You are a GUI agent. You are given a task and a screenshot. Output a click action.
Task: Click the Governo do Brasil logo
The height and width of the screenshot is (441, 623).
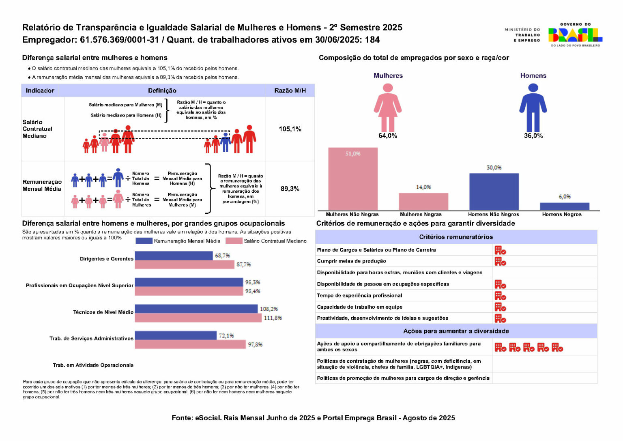pos(575,35)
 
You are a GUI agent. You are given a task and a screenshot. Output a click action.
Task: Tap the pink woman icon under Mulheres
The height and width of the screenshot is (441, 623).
pos(388,107)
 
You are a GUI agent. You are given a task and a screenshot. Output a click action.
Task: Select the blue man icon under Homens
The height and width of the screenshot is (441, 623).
pos(533,107)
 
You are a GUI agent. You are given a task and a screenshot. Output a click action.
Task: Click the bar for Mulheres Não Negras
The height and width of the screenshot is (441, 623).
pos(353,179)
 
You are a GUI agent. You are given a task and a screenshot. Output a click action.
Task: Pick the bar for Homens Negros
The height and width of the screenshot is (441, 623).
pos(564,206)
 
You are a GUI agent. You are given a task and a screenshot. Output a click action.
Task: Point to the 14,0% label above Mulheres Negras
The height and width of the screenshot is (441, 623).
pos(423,187)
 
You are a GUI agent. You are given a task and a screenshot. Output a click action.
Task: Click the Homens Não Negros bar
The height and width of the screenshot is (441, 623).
pos(494,191)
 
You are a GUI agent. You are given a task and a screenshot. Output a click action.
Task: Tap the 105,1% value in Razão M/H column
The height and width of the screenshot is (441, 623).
pos(290,129)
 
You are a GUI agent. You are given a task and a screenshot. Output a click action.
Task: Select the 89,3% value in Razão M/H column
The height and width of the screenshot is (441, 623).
pos(290,189)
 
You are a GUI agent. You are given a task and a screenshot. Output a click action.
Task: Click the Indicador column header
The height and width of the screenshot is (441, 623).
pos(40,90)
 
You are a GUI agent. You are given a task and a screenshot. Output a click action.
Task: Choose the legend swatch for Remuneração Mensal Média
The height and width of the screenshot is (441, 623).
pos(144,241)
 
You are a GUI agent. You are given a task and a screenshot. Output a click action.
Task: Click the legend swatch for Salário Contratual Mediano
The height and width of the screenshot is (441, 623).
pos(234,241)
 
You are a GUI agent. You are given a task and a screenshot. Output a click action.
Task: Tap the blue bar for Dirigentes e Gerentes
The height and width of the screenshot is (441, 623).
pos(174,256)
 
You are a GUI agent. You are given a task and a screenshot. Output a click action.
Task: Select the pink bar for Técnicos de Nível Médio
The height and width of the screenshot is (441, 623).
pos(198,318)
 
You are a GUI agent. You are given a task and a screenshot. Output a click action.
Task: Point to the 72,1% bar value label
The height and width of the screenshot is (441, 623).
pos(226,336)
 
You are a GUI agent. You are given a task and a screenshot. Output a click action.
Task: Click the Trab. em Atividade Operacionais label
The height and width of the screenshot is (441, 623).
pos(93,365)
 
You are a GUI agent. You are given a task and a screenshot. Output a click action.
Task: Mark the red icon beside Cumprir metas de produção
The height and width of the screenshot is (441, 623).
pos(500,261)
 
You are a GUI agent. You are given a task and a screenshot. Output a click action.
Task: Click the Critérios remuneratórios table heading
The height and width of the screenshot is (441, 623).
pos(456,237)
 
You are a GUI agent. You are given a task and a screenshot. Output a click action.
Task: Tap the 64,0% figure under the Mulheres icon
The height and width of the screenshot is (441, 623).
pos(388,136)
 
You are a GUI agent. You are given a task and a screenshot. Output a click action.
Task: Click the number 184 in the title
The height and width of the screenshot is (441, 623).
pos(372,40)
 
